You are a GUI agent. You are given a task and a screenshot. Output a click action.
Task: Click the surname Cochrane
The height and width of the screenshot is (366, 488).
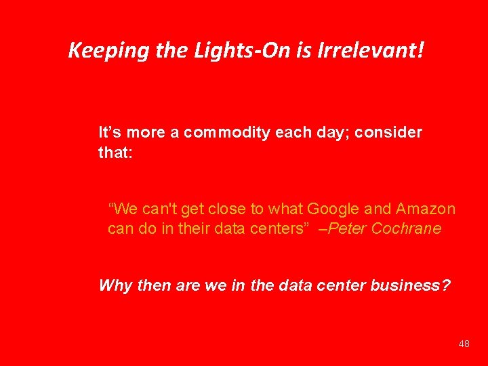click(x=407, y=228)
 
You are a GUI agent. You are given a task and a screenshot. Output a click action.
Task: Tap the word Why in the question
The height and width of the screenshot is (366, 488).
click(x=115, y=285)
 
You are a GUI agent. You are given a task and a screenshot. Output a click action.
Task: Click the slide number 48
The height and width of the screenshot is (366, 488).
click(x=464, y=344)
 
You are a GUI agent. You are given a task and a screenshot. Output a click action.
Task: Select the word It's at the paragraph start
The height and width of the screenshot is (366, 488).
click(x=110, y=132)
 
